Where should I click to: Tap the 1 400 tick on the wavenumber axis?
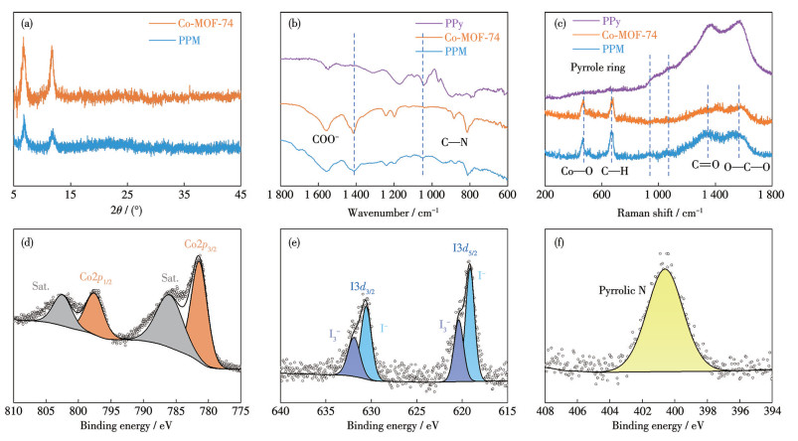pos(355,196)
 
